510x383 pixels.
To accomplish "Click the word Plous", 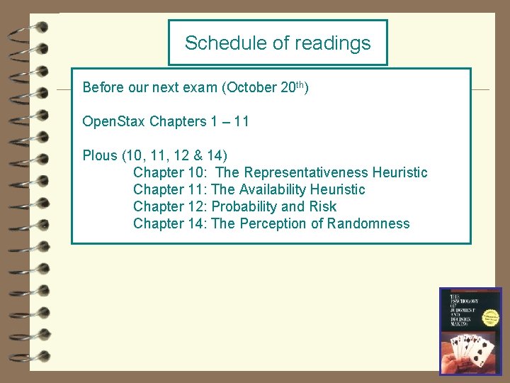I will [101, 155].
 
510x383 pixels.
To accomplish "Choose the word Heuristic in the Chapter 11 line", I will [338, 189].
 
